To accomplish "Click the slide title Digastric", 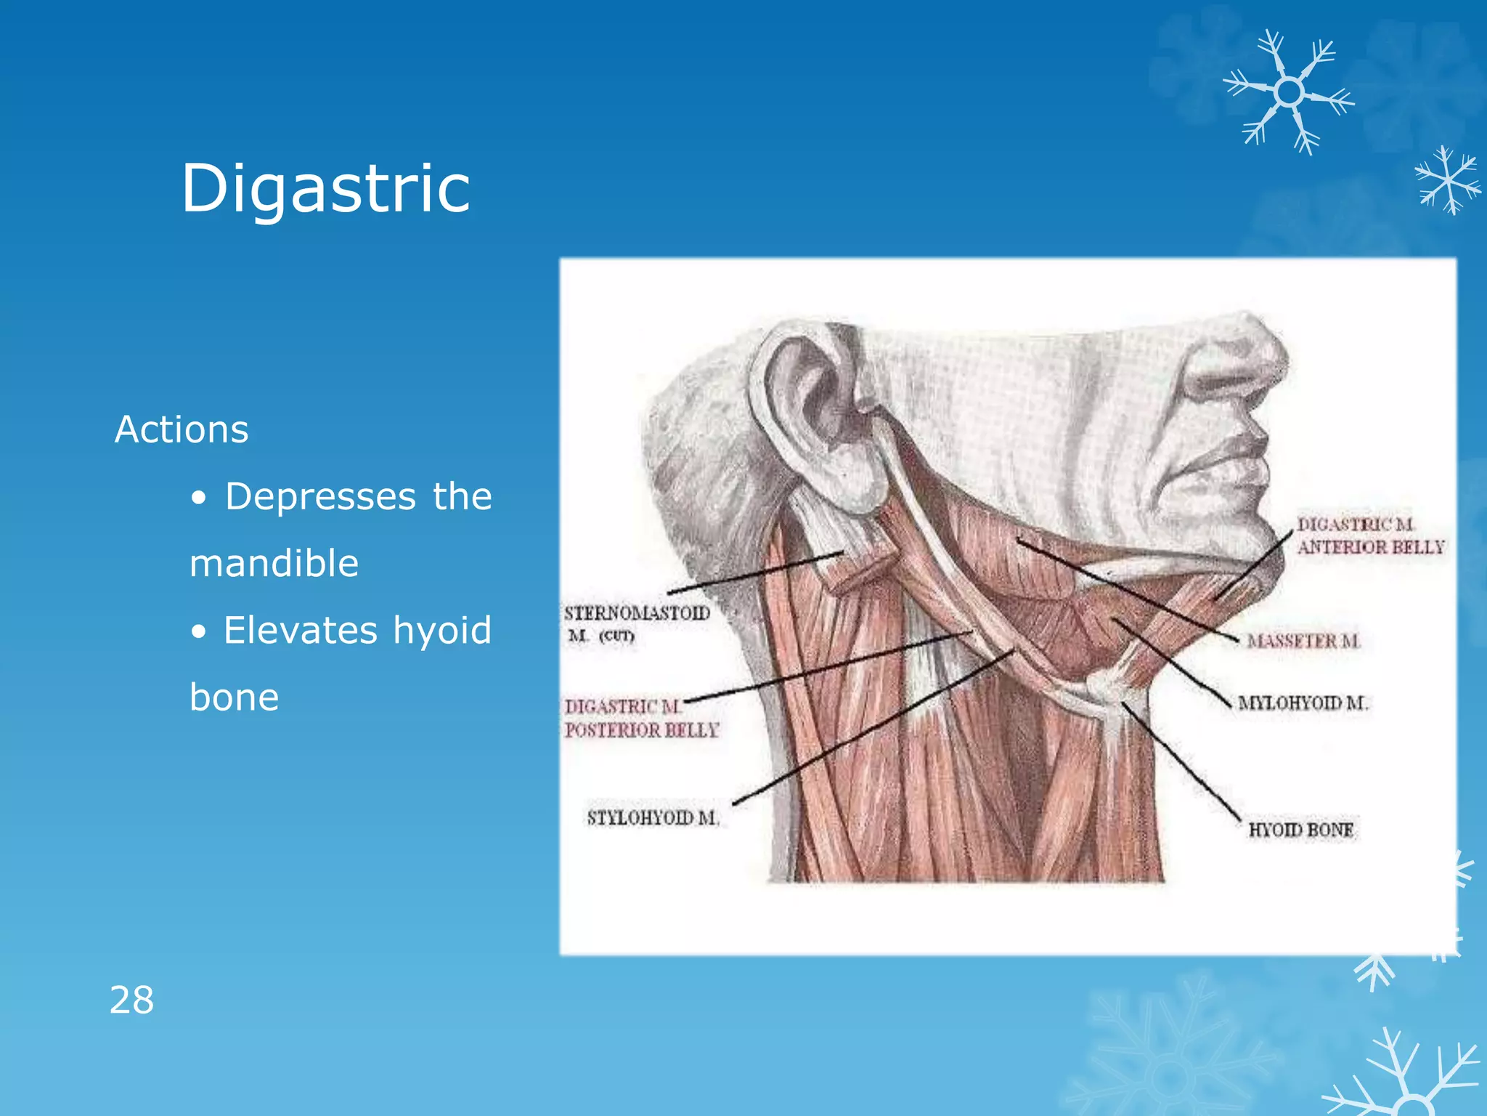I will [326, 189].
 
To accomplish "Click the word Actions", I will [182, 429].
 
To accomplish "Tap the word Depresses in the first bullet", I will [320, 497].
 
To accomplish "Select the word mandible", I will [274, 564].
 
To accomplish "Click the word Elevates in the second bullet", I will [301, 630].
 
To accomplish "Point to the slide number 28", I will [131, 1000].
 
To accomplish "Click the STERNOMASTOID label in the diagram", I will [637, 613].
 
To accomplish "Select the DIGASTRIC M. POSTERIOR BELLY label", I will [641, 718].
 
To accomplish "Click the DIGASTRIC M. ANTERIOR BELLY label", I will [1370, 535].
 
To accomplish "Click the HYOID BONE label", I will [1300, 830].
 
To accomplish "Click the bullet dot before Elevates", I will [198, 632].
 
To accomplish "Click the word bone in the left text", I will [234, 697].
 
